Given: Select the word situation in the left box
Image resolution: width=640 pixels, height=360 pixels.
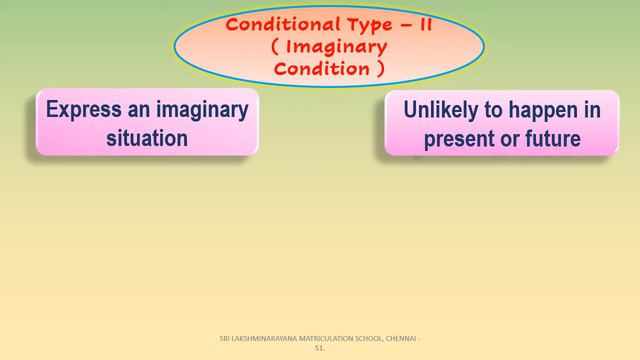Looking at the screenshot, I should point(147,138).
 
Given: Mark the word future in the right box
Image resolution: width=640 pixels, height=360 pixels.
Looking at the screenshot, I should point(551,139).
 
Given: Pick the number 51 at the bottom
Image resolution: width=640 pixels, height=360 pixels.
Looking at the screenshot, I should point(319,349).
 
